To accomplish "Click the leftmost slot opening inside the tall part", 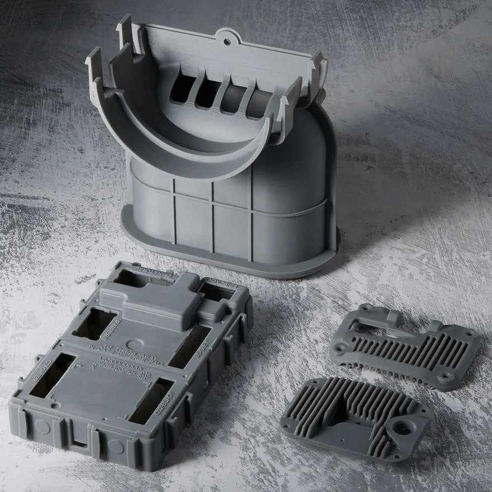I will pos(183,89).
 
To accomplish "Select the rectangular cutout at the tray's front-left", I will pos(53,375).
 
